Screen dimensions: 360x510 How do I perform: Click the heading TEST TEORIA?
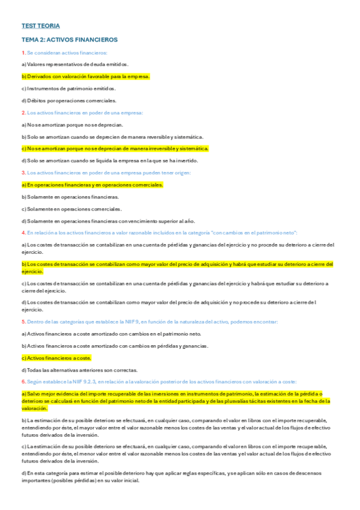point(41,26)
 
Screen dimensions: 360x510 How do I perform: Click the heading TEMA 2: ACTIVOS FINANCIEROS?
point(69,40)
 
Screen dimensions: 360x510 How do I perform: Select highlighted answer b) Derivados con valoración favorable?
point(85,76)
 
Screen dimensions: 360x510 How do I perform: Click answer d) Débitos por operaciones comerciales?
point(69,100)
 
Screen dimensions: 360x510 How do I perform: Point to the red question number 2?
point(23,112)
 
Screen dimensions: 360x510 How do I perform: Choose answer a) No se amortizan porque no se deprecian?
point(72,124)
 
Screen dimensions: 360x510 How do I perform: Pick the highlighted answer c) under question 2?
point(114,148)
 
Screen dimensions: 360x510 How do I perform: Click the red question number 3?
point(23,173)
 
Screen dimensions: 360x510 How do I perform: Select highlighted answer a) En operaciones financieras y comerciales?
point(92,185)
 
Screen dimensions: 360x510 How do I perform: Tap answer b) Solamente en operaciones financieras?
point(70,197)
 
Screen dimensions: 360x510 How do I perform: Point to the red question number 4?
point(23,232)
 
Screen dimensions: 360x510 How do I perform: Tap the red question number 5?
point(23,322)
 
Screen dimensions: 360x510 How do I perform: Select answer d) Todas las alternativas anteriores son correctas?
point(79,370)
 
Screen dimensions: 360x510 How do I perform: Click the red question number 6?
point(23,381)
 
